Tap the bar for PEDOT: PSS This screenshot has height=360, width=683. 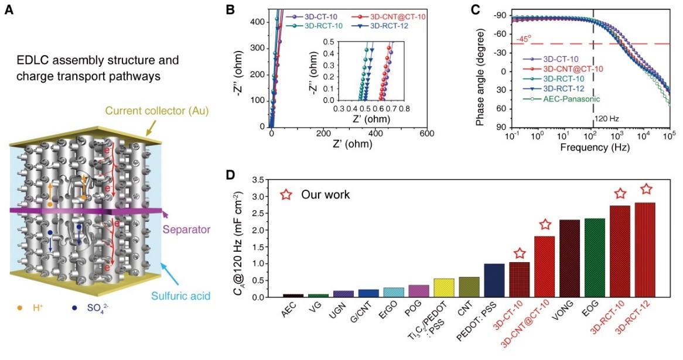[x=494, y=280]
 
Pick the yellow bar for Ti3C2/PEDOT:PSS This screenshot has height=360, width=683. [x=443, y=287]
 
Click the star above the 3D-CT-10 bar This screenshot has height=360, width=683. [x=518, y=253]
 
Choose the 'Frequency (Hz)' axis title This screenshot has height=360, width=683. [x=588, y=147]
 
